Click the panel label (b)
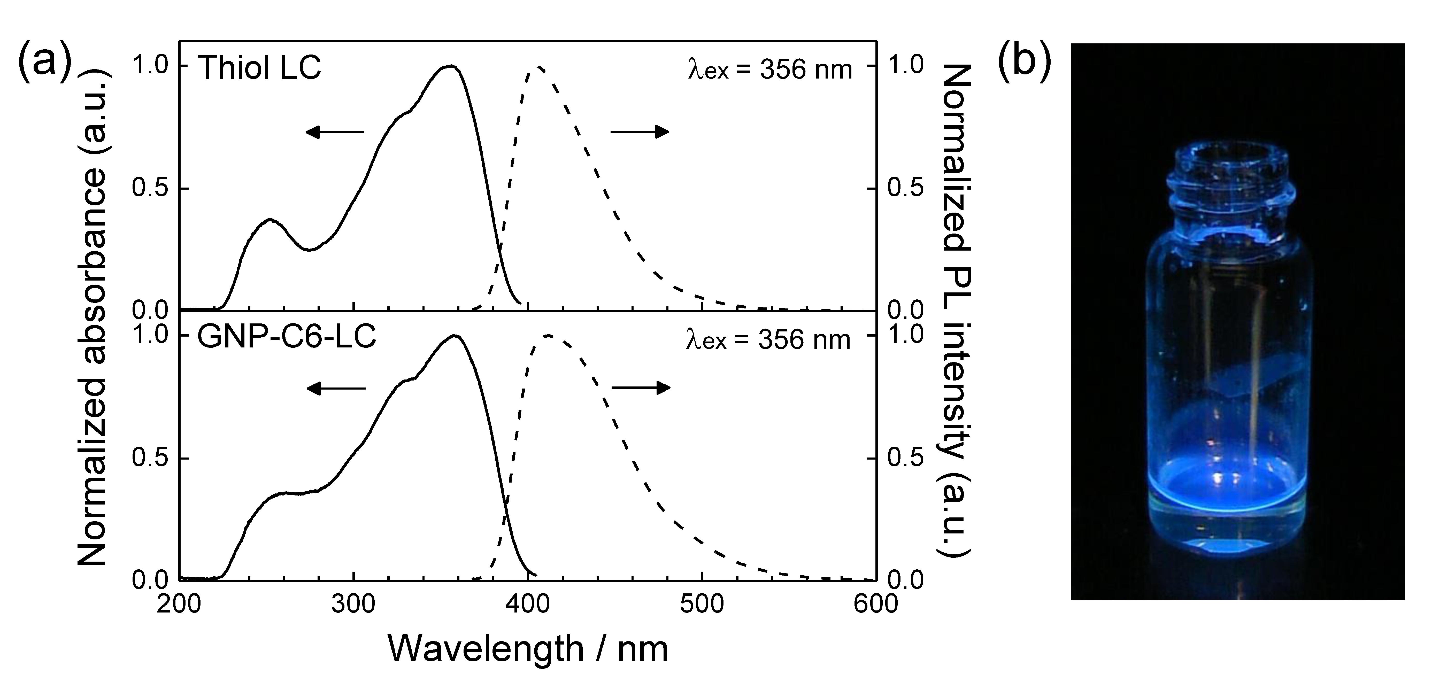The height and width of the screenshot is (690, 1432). pyautogui.click(x=1025, y=62)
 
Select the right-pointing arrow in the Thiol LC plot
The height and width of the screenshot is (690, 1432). pyautogui.click(x=639, y=132)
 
